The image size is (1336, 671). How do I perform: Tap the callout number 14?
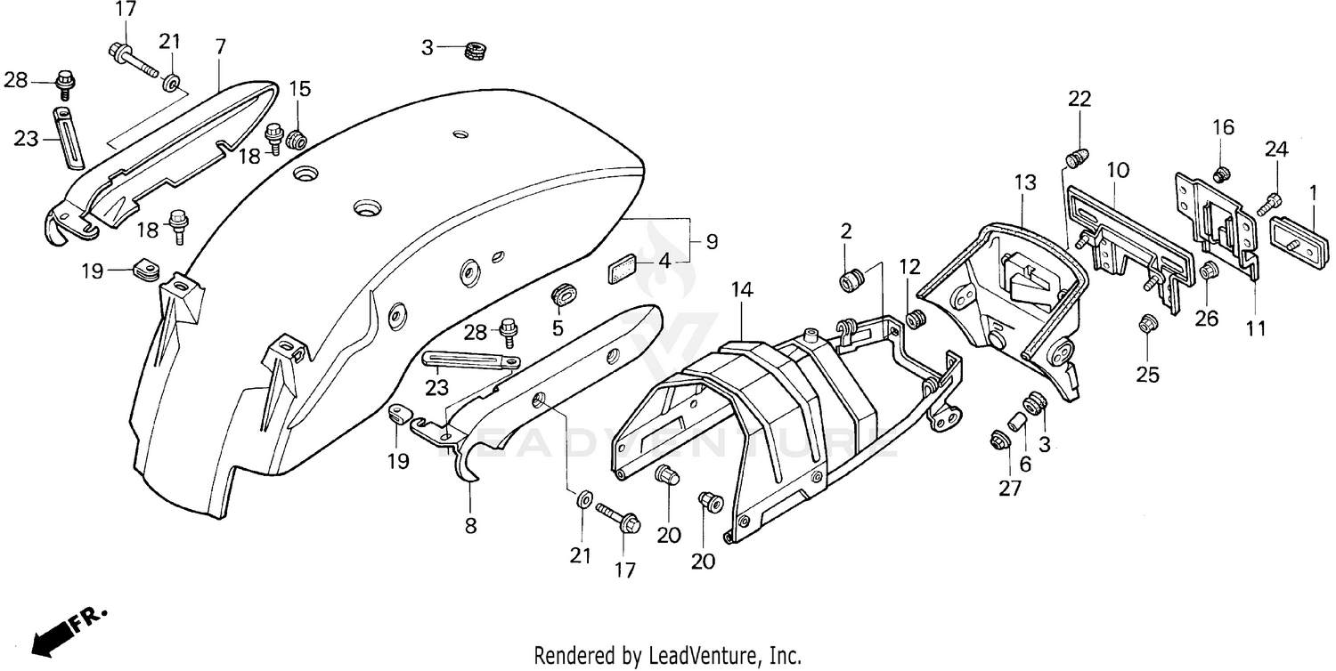[x=742, y=289]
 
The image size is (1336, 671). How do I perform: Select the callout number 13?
[x=1025, y=183]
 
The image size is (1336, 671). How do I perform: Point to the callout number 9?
[x=712, y=241]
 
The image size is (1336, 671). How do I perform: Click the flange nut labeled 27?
[x=998, y=441]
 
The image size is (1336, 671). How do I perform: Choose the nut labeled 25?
[x=1146, y=325]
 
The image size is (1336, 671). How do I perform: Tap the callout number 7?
[x=220, y=46]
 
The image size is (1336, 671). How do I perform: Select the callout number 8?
[x=470, y=526]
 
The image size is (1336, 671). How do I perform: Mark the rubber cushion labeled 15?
[x=297, y=140]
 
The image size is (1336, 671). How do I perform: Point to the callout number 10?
[x=1118, y=168]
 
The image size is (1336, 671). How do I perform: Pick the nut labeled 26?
[x=1210, y=271]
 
